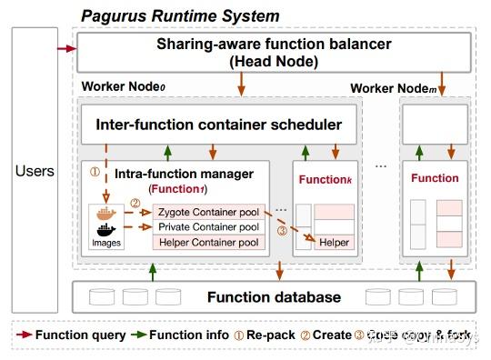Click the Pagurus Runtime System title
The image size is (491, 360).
pos(180,15)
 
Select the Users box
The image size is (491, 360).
pos(35,170)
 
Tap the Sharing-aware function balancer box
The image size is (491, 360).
pos(274,53)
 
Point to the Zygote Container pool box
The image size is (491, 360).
pos(208,211)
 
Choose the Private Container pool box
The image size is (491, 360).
pos(208,226)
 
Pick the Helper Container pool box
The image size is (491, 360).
pos(208,242)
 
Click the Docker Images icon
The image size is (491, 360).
pos(106,222)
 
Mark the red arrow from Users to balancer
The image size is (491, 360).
pos(65,46)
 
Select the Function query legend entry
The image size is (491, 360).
pos(73,335)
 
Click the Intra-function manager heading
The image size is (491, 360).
pos(178,172)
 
